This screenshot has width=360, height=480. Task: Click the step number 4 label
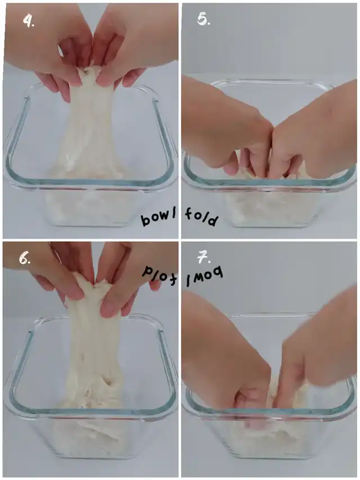click(x=29, y=21)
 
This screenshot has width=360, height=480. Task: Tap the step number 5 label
click(x=204, y=20)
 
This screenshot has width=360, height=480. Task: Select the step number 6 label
click(x=25, y=259)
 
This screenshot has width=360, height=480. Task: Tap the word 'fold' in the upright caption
click(x=202, y=217)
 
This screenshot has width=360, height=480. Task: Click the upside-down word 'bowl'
click(x=205, y=274)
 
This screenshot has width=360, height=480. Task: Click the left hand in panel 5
click(x=227, y=128)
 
